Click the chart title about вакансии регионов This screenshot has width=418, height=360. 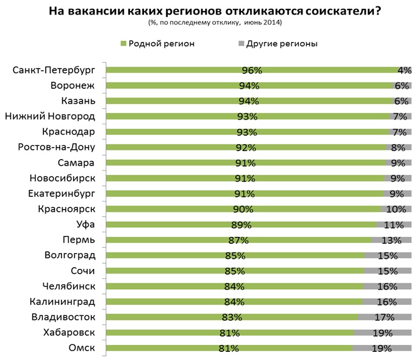[x=210, y=11]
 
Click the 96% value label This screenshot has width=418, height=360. [x=253, y=71]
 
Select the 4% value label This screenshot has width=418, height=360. [x=404, y=71]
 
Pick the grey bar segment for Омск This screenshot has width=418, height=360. [x=381, y=348]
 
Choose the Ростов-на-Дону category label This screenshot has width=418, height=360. [x=57, y=147]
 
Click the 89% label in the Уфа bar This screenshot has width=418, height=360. [x=242, y=225]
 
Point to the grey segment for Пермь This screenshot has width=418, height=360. [x=391, y=240]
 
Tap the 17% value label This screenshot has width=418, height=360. [x=385, y=318]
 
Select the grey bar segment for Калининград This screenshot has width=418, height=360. [x=387, y=302]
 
